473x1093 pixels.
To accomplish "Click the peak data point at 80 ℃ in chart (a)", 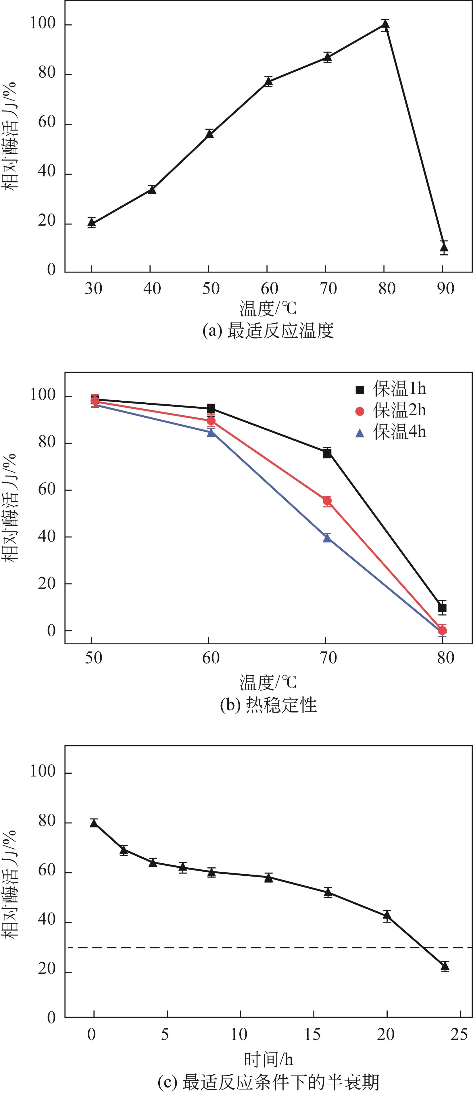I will [385, 25].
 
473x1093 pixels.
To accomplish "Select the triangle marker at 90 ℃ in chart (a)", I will [444, 247].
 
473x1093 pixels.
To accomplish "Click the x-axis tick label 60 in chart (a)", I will [269, 289].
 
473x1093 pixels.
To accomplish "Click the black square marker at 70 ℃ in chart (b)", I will [327, 453].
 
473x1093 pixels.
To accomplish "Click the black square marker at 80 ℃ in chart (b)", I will [442, 608].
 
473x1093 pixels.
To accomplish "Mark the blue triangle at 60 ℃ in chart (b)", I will [211, 432].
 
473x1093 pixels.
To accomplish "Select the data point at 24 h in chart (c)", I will [445, 966].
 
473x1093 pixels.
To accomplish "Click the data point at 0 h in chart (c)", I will [94, 823].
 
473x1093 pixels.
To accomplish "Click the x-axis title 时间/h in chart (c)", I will [268, 1059].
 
